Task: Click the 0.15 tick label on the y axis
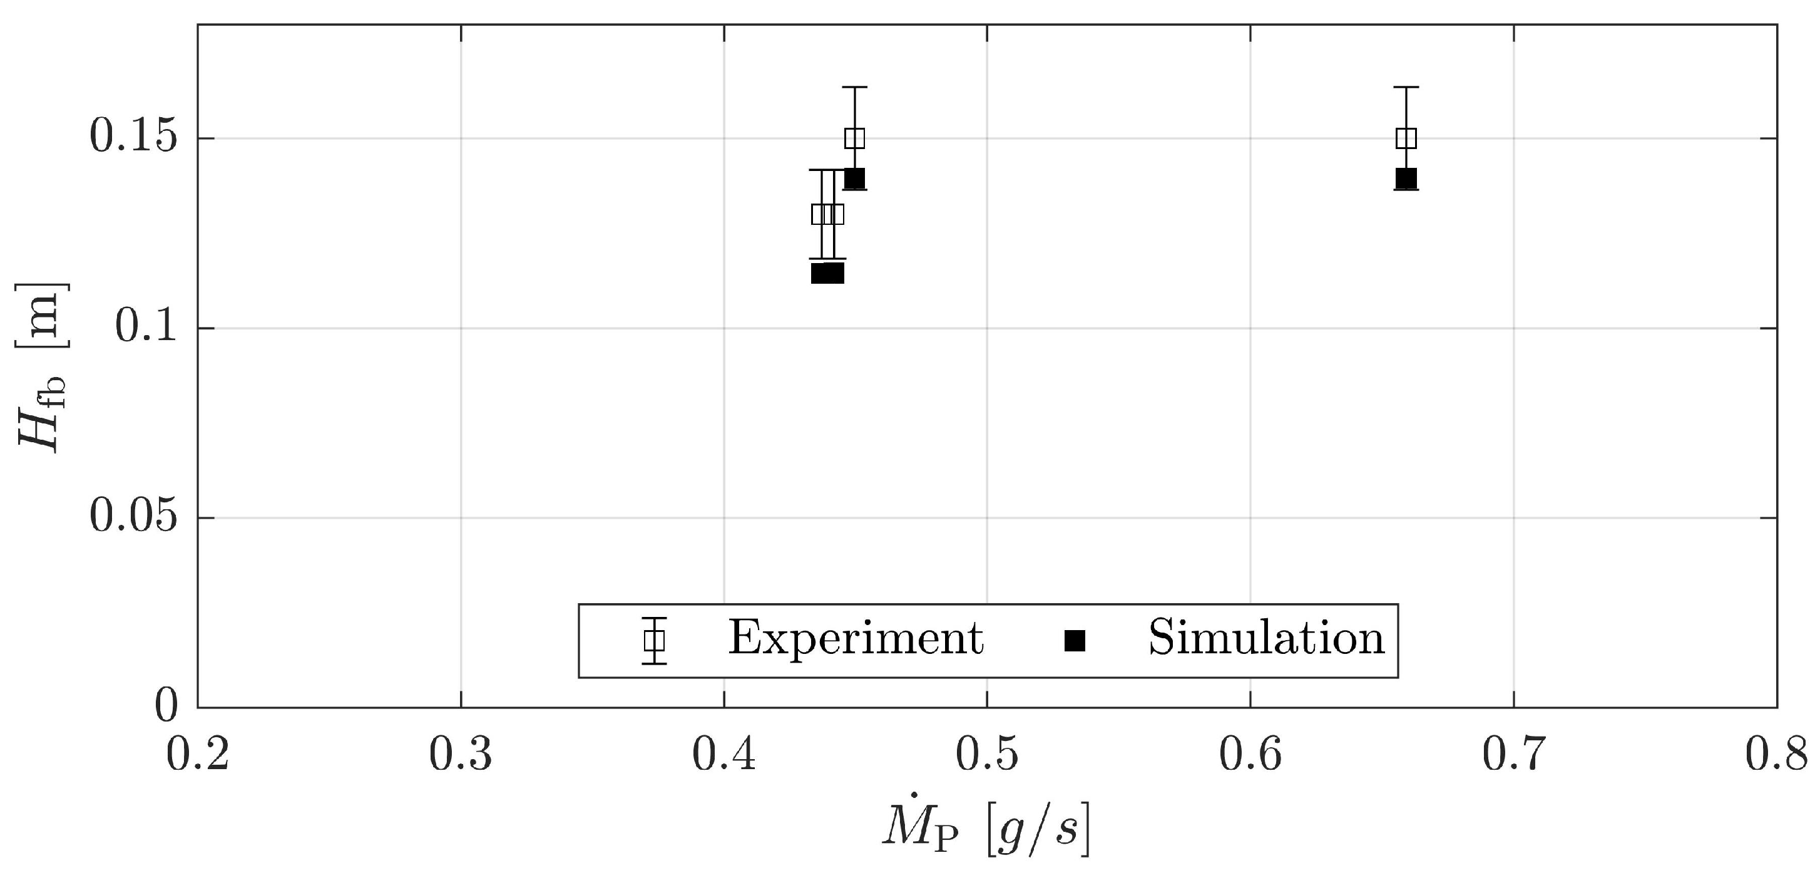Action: (131, 138)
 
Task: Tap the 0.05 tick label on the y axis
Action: (131, 518)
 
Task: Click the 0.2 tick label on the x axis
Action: (197, 755)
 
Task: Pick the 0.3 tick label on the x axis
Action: (461, 755)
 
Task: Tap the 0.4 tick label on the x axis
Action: (724, 755)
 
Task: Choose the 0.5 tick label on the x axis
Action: (987, 755)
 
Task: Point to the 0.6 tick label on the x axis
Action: (1250, 755)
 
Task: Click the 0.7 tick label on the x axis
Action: (1513, 755)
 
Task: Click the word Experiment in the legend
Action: (856, 639)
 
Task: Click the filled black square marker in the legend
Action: (1075, 640)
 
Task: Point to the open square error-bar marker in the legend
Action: (654, 640)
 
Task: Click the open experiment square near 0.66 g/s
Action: (1406, 138)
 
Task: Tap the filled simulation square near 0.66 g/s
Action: (1406, 179)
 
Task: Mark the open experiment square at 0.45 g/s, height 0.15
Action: (855, 138)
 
